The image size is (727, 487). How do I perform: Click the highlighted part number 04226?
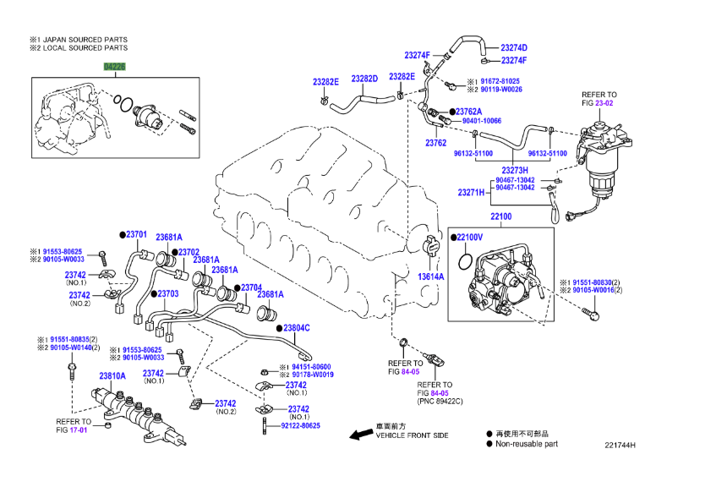pyautogui.click(x=115, y=65)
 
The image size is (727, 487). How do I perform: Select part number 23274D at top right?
pyautogui.click(x=513, y=48)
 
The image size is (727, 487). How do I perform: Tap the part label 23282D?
pyautogui.click(x=364, y=79)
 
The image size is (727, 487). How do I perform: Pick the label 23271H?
pyautogui.click(x=471, y=193)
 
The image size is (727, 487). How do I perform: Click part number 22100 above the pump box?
pyautogui.click(x=500, y=217)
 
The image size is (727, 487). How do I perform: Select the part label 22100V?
pyautogui.click(x=468, y=238)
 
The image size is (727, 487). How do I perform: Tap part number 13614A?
pyautogui.click(x=431, y=276)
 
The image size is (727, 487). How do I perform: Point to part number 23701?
pyautogui.click(x=137, y=234)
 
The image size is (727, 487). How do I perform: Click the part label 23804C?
pyautogui.click(x=296, y=327)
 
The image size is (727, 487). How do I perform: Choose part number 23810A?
pyautogui.click(x=112, y=376)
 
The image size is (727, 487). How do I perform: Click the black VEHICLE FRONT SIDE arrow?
pyautogui.click(x=363, y=435)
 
